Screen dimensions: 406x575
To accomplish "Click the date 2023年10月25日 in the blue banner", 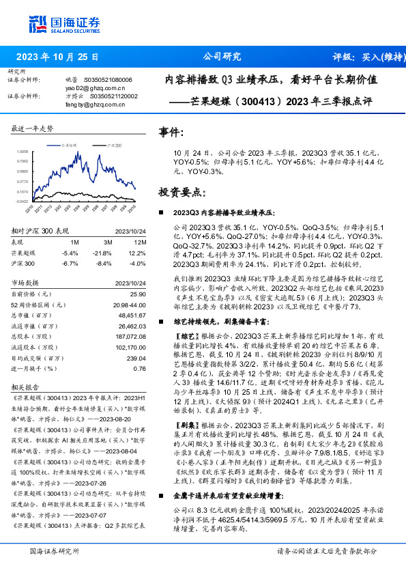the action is [57, 57].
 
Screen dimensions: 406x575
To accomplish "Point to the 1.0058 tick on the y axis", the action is [23, 152].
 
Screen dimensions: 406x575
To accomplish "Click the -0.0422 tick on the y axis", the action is [23, 201].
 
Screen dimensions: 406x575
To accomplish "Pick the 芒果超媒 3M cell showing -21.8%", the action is [104, 253].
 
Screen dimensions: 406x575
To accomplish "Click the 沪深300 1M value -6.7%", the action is [70, 263].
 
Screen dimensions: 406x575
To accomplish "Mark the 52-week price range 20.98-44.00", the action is [128, 305].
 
